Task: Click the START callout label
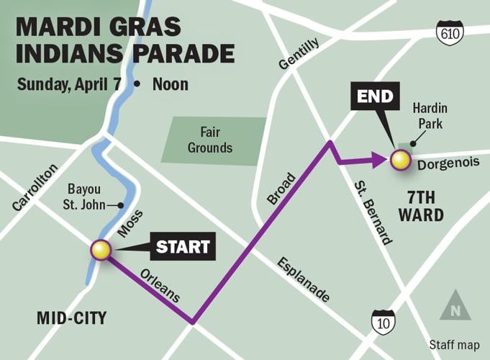183,248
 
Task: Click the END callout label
375,96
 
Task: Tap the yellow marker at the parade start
101,250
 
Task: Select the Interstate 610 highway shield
450,32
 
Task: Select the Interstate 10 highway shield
383,322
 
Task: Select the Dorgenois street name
448,163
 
